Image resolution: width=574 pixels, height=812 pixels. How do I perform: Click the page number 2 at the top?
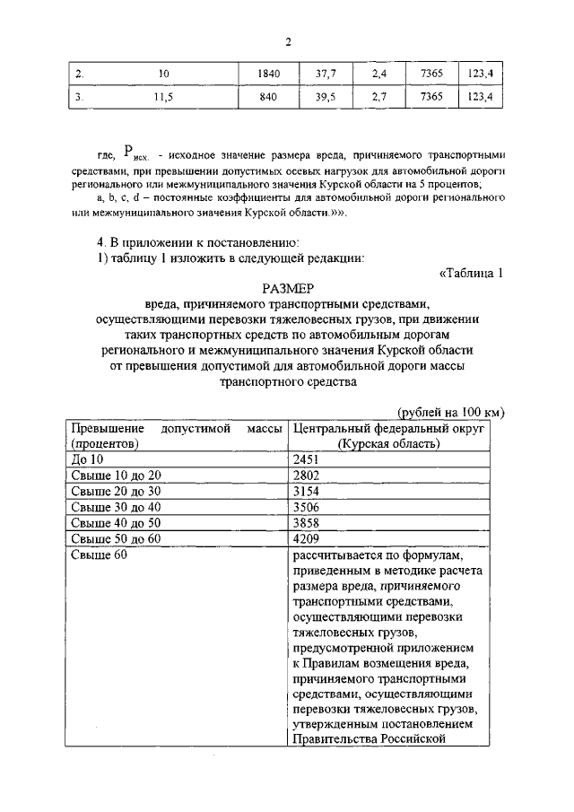(288, 42)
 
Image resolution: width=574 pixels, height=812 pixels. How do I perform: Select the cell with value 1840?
(269, 74)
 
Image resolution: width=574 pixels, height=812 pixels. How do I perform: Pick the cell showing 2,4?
(379, 74)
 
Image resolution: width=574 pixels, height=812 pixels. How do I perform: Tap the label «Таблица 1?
(473, 273)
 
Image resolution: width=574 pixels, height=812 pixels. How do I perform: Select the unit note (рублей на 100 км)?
(449, 412)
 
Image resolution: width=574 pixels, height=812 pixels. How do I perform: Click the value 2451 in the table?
(306, 458)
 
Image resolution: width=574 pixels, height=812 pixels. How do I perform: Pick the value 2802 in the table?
(306, 475)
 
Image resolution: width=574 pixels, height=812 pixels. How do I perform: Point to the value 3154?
(306, 491)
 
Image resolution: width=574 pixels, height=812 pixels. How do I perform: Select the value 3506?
(306, 507)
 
